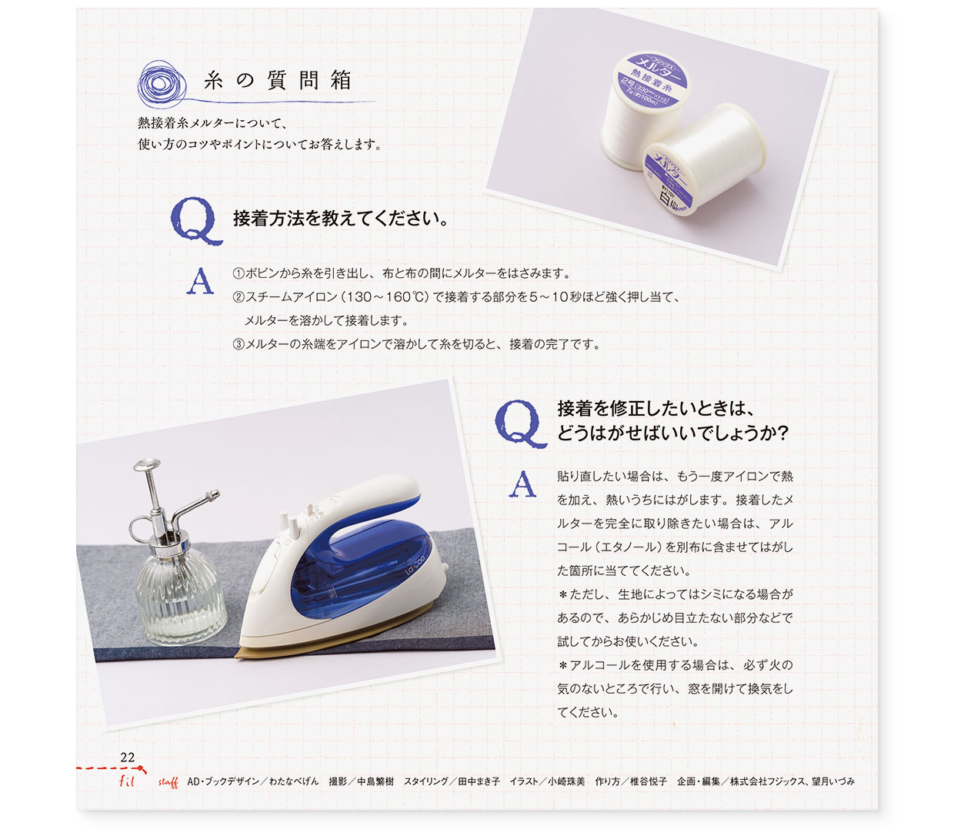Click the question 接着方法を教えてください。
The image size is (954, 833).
coord(340,219)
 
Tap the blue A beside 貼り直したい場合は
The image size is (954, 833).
coord(523,484)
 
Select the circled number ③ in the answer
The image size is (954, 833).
coord(239,345)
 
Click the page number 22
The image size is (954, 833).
coord(128,758)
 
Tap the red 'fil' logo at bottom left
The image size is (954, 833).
coord(127,781)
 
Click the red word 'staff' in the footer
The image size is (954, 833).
coord(168,782)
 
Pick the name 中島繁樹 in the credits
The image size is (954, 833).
coord(375,781)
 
